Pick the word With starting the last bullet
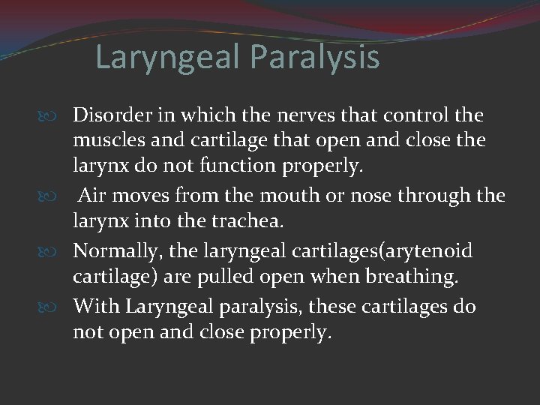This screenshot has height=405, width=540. coord(96,307)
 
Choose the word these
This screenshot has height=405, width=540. coord(323,307)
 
